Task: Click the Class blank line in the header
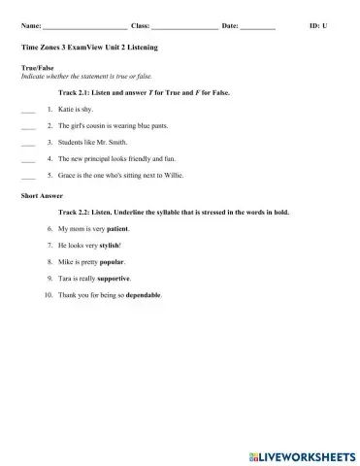pyautogui.click(x=184, y=26)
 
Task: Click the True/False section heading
pyautogui.click(x=35, y=68)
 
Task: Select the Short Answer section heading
pyautogui.click(x=38, y=195)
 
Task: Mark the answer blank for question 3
pyautogui.click(x=27, y=145)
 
